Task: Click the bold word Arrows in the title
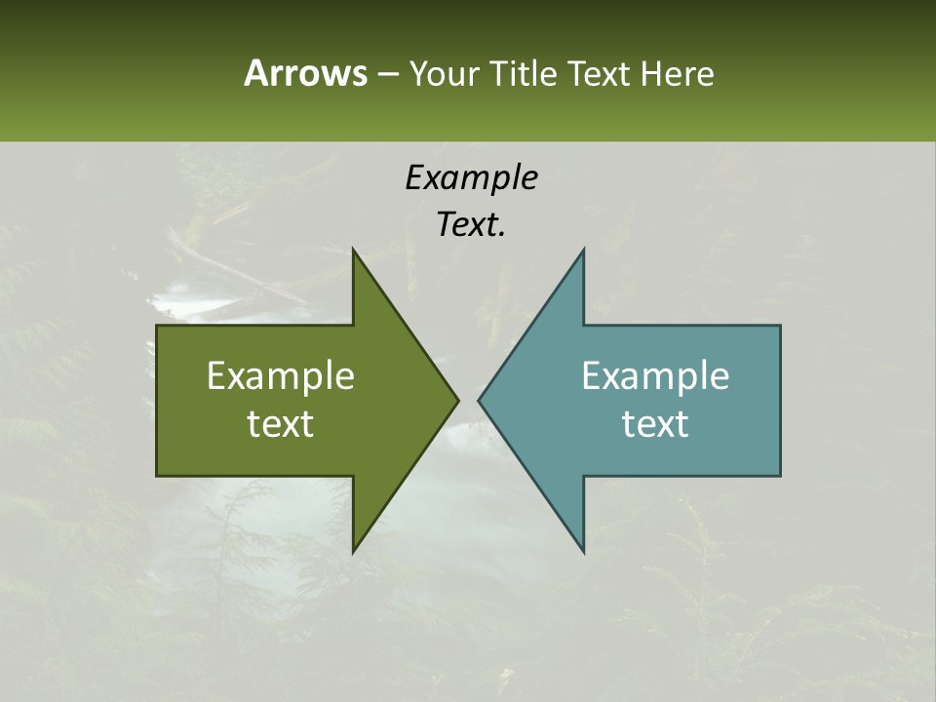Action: coord(305,73)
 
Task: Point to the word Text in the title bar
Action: coord(601,73)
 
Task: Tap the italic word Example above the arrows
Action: coord(471,177)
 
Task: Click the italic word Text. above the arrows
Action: coord(471,224)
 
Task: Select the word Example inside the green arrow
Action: coord(281,375)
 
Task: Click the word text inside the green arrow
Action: coord(281,423)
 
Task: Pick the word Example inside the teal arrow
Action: coord(655,375)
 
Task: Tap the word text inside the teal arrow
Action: coord(655,423)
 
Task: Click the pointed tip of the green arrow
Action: coord(456,400)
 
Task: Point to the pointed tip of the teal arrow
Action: coord(480,400)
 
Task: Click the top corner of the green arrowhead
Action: coord(354,251)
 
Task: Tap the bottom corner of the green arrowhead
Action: coord(354,551)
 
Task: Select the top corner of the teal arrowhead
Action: coord(583,251)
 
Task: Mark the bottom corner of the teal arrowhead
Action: coord(583,551)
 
